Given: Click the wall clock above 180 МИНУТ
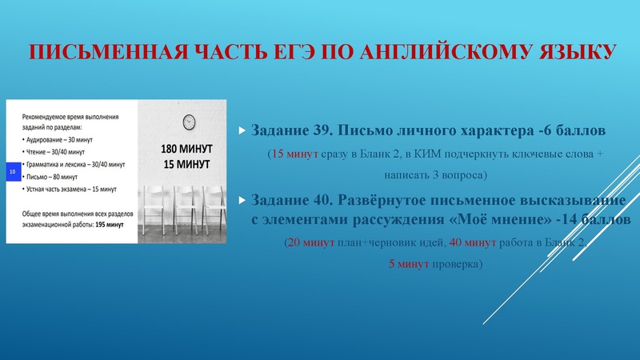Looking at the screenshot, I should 190,122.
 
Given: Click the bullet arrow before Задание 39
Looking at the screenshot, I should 242,130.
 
